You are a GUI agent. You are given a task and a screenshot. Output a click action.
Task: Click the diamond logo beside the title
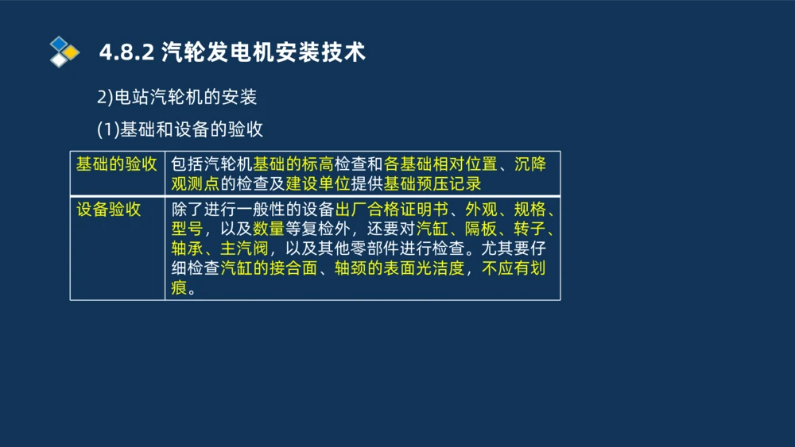click(x=64, y=52)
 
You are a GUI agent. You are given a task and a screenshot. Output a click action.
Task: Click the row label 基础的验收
click(x=116, y=164)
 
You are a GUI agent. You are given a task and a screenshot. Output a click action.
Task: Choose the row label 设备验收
click(x=108, y=210)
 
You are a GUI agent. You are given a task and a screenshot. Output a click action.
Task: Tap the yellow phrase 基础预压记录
click(x=432, y=184)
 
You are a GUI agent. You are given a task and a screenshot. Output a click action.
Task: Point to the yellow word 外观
click(x=481, y=210)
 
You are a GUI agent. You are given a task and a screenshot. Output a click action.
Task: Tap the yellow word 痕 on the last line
click(x=179, y=287)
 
